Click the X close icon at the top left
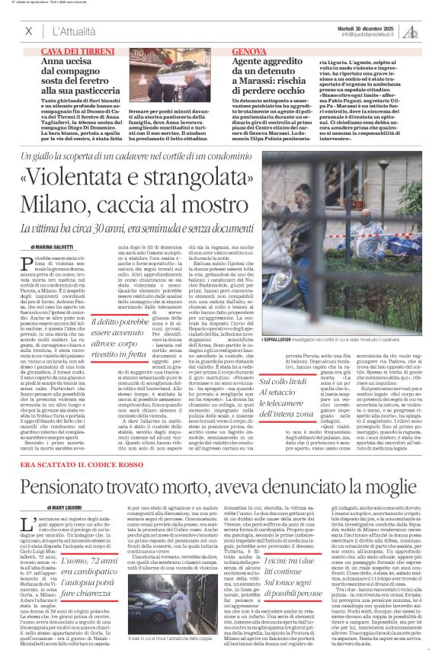click(x=28, y=31)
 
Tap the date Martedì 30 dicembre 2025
click(x=371, y=27)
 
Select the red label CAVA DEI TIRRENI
click(x=72, y=50)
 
